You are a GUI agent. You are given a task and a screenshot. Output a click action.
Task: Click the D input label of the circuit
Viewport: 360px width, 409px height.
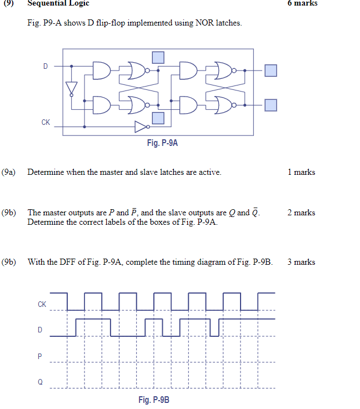point(46,66)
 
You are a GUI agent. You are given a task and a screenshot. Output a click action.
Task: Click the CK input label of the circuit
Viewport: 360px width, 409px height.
point(46,123)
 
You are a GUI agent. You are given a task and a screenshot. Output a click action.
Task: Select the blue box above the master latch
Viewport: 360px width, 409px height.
point(158,57)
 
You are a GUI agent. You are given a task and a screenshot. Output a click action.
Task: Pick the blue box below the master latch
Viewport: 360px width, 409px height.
point(158,118)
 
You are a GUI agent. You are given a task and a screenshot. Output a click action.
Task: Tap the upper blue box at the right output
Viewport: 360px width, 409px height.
point(270,70)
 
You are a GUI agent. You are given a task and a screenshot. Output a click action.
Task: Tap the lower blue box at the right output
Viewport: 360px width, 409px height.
point(270,105)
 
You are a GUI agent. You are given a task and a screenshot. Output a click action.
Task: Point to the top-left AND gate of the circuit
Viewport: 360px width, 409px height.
point(102,70)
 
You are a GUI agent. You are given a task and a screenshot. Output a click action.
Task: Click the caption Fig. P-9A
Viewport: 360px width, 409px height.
point(162,143)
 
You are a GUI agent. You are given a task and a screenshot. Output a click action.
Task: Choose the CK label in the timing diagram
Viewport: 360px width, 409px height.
point(42,304)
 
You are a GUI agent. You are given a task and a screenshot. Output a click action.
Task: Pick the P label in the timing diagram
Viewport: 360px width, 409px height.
point(40,356)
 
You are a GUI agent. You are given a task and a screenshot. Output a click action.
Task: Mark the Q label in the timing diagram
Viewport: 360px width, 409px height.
point(40,382)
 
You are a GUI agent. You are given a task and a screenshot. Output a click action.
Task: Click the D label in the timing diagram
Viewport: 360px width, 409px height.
point(40,330)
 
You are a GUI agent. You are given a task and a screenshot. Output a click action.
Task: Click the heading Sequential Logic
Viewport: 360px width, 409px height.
point(58,3)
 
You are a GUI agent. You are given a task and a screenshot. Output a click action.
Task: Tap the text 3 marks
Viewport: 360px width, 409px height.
point(301,262)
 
